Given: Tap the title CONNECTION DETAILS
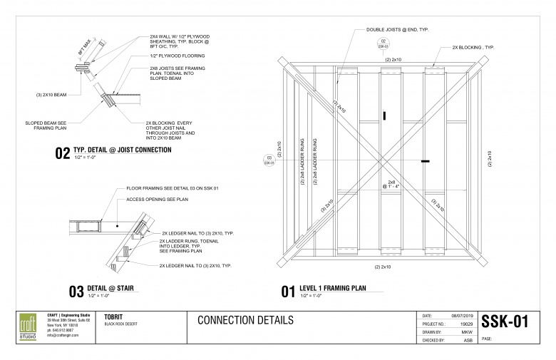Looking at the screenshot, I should [245, 320].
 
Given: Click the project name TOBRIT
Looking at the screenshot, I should [115, 316].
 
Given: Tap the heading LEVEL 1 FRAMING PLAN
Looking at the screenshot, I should [334, 288].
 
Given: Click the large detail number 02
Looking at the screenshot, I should [62, 153].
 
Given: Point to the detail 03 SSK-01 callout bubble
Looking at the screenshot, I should [269, 160].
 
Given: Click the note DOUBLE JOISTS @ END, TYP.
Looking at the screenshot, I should [397, 29].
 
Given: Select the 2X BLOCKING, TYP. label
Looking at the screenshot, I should [473, 47].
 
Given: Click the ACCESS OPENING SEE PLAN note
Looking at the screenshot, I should [156, 200].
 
